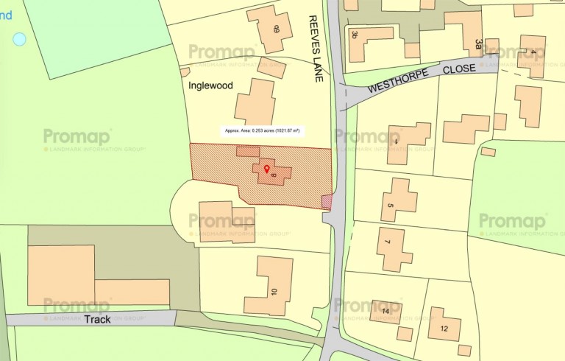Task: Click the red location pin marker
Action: click(x=266, y=169)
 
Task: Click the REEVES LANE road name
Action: click(x=316, y=48)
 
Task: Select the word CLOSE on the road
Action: click(x=461, y=69)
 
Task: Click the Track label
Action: click(x=96, y=320)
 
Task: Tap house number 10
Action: click(x=274, y=292)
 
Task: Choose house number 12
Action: click(x=444, y=329)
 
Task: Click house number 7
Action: click(x=388, y=242)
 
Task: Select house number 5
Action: click(x=391, y=206)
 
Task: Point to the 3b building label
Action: click(x=355, y=35)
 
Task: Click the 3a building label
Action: click(x=478, y=45)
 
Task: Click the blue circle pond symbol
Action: click(x=19, y=39)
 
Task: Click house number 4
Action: click(x=533, y=52)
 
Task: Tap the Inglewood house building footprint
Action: click(x=254, y=102)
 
